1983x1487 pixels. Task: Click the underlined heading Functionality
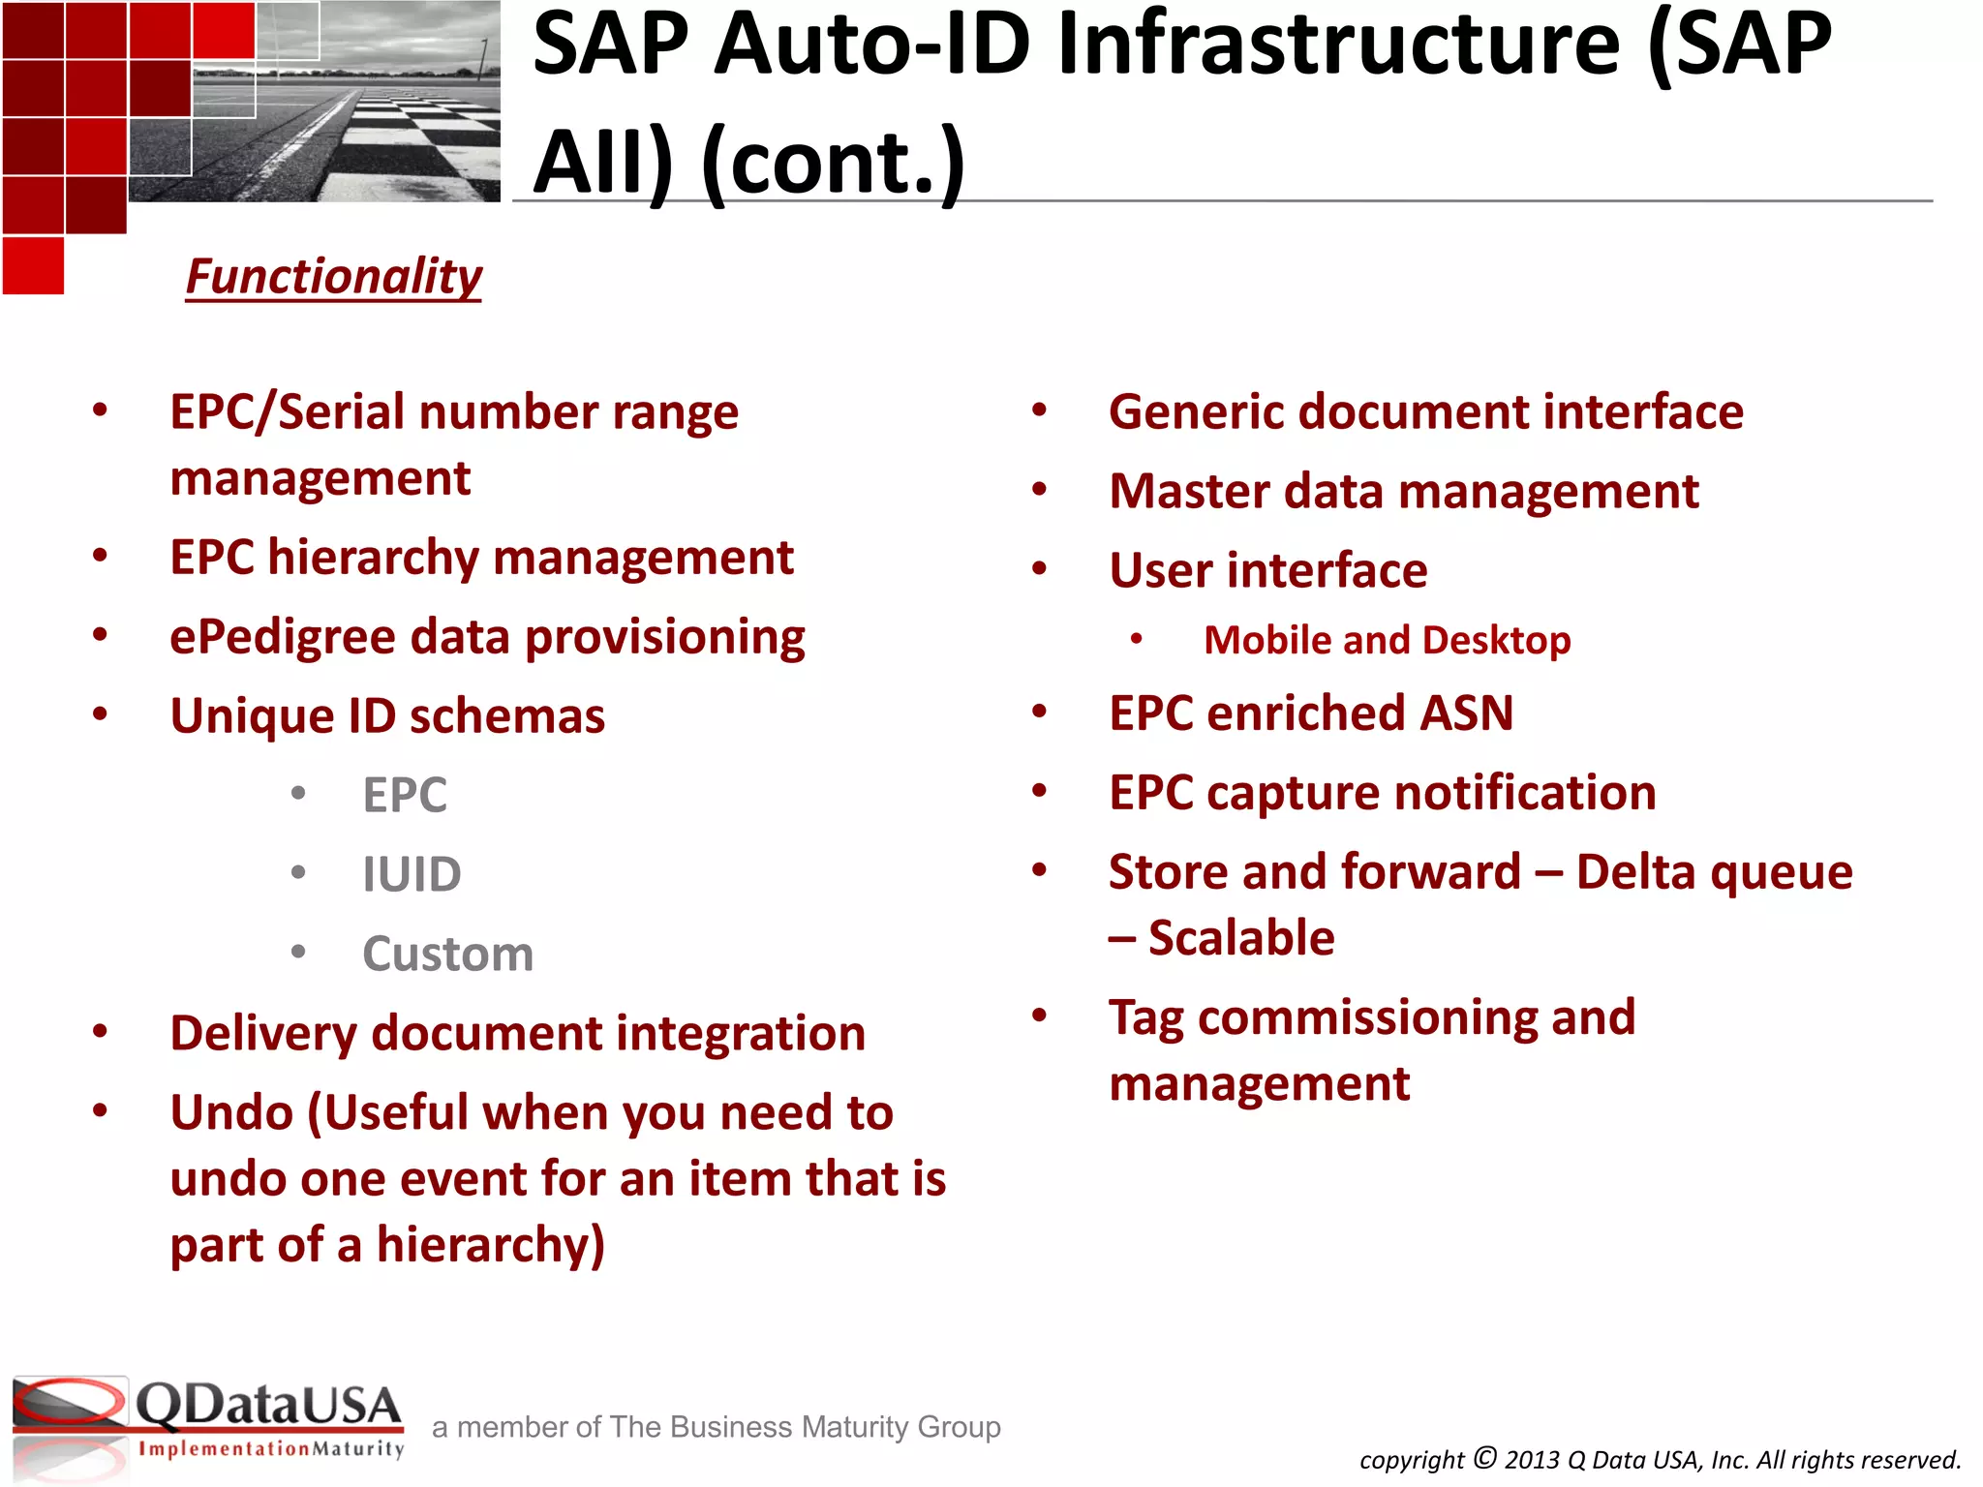click(x=333, y=277)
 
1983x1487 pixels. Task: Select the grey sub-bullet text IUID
click(x=412, y=875)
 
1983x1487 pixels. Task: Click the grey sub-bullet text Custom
click(x=447, y=955)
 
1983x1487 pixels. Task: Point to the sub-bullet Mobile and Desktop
click(x=1387, y=641)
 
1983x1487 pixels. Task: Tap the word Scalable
click(x=1241, y=938)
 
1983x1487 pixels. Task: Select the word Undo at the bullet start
click(x=231, y=1113)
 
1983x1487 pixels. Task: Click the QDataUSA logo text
click(x=267, y=1405)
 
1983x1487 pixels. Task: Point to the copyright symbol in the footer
click(x=1485, y=1457)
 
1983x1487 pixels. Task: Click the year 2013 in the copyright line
click(x=1532, y=1460)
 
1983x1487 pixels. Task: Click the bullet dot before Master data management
click(x=1039, y=490)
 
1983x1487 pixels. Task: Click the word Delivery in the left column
click(x=263, y=1034)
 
